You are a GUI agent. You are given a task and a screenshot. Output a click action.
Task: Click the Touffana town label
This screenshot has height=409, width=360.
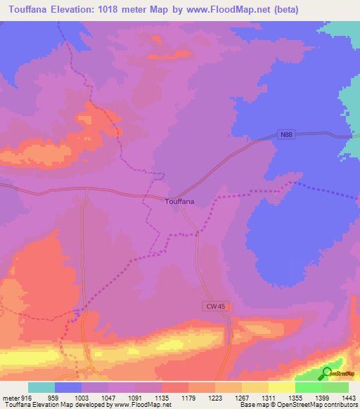(x=179, y=202)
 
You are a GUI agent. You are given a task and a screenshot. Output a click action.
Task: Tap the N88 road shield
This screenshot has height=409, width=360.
(x=284, y=136)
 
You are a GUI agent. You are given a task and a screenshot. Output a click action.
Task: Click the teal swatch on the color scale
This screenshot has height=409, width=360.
(x=41, y=387)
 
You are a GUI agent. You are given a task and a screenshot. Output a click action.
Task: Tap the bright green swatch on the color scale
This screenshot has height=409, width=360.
(x=308, y=387)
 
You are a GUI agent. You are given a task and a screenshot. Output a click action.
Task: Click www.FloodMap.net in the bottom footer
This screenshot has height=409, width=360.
(x=141, y=405)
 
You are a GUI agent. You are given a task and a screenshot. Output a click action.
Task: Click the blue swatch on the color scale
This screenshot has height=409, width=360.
(x=67, y=387)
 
